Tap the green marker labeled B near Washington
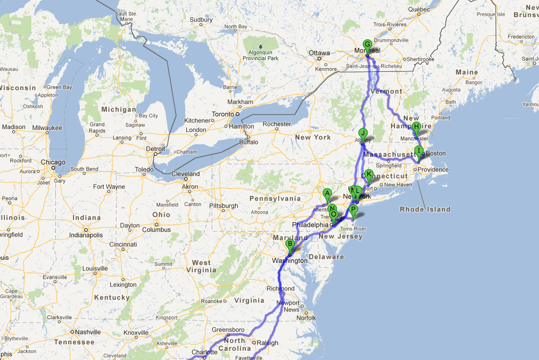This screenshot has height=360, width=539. coord(290,244)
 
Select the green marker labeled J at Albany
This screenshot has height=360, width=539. coord(363,133)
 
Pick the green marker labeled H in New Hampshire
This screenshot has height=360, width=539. coord(416,127)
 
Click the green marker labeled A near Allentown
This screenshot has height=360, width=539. coord(327,193)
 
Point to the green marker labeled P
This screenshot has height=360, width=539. coord(353,210)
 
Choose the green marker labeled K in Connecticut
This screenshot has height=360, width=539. coord(369,174)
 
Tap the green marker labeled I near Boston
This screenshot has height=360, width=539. coord(418,151)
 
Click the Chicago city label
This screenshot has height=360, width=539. coord(53,162)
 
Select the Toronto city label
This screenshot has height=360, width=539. coord(223,114)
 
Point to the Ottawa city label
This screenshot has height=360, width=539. coord(319,53)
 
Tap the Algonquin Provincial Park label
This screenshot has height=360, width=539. coord(260,55)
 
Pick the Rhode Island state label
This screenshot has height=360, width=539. coord(425,209)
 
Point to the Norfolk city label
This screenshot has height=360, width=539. coord(306,318)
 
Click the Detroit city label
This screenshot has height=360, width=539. coord(155,149)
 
